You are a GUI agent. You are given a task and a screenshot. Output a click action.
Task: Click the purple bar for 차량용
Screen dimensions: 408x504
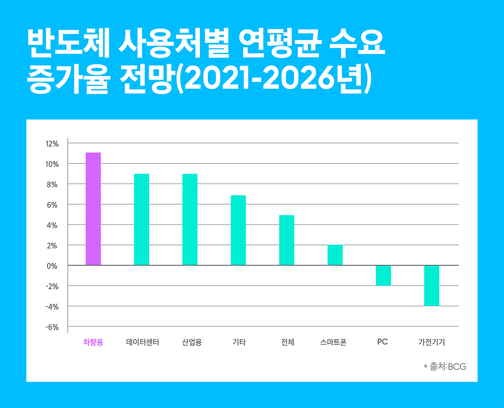(x=93, y=209)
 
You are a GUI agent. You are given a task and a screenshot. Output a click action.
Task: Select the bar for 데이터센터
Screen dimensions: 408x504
(x=142, y=219)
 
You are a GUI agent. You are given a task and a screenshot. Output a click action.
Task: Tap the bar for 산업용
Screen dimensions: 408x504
(x=190, y=219)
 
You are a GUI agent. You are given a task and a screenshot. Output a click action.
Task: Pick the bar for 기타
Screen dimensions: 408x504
(x=238, y=230)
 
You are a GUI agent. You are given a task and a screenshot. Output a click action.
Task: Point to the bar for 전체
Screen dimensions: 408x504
(x=286, y=240)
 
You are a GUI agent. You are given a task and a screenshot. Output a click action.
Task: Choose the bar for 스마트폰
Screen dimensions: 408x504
(x=335, y=255)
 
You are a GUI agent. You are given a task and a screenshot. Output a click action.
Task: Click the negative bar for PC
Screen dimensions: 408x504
(x=383, y=275)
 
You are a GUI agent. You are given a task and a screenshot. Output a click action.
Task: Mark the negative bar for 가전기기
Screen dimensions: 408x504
(x=431, y=285)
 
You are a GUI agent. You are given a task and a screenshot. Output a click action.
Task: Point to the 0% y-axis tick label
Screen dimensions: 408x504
(x=52, y=266)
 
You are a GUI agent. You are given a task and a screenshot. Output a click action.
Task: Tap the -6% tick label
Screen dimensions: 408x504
(x=52, y=327)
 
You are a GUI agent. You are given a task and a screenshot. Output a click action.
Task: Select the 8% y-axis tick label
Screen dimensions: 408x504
(x=52, y=184)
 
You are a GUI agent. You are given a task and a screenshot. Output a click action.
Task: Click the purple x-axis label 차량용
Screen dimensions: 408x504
(x=93, y=342)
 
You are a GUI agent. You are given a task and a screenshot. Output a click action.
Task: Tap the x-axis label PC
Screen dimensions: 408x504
(x=382, y=342)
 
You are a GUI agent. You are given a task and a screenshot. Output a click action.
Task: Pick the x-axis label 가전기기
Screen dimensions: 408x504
(x=431, y=342)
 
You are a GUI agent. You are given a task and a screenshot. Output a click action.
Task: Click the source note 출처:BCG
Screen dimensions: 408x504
(x=445, y=366)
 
